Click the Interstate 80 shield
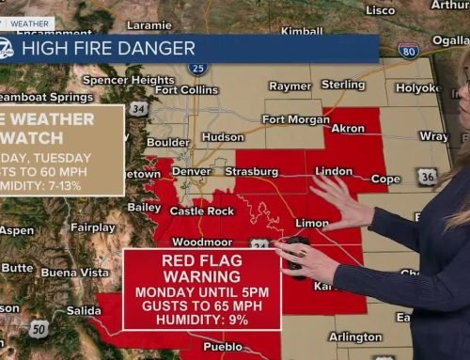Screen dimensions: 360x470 click(x=407, y=51)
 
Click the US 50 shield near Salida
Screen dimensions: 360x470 click(x=38, y=328)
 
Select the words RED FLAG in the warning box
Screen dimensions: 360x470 click(x=202, y=259)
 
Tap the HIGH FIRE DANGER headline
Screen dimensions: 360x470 click(x=108, y=48)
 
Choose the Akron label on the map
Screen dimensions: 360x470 click(x=349, y=129)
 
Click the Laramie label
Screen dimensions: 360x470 click(x=149, y=26)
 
